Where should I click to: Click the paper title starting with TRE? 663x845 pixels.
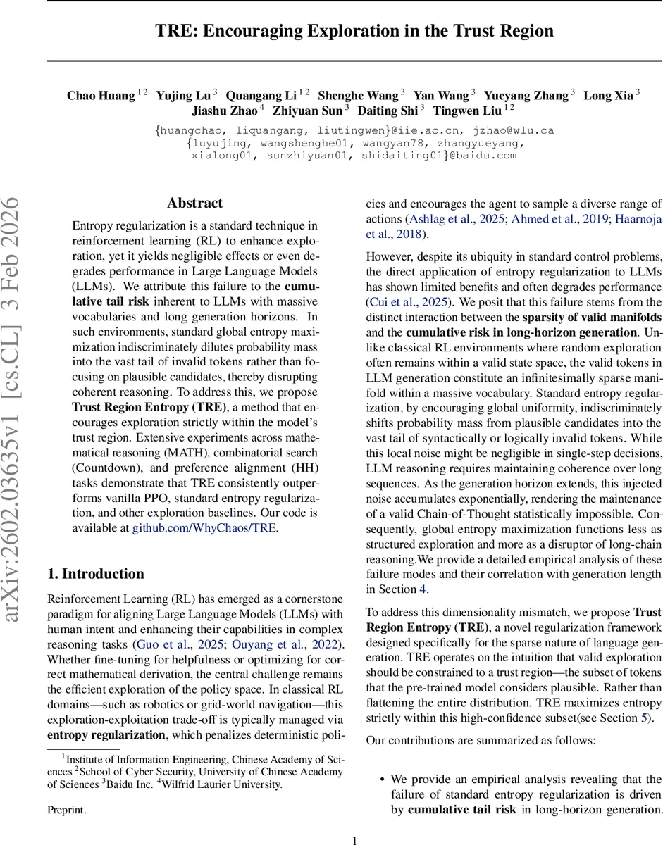coord(354,31)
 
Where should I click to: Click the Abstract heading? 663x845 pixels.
coord(194,203)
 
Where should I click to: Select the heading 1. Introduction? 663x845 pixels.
coord(95,573)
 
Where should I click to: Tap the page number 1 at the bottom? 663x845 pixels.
coord(354,839)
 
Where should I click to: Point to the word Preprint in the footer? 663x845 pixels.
coord(66,810)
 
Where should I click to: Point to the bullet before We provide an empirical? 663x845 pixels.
coord(381,780)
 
